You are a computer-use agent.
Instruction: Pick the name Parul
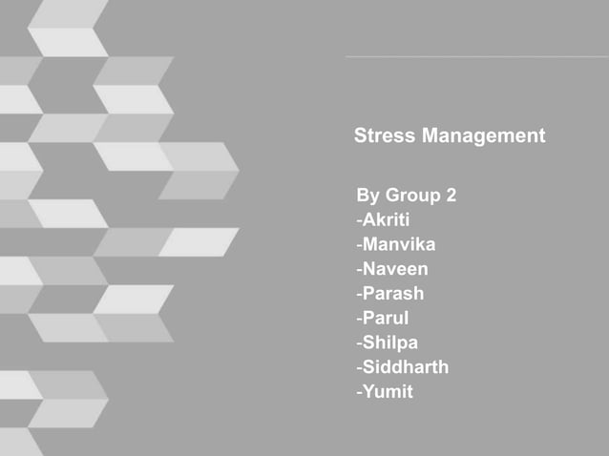pos(385,319)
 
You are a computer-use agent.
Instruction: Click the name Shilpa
pos(389,342)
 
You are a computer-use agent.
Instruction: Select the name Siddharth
pos(405,367)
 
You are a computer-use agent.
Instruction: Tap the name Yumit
pos(388,391)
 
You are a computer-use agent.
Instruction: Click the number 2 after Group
pos(450,197)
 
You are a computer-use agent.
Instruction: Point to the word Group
pos(413,197)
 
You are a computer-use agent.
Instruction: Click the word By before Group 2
pos(367,197)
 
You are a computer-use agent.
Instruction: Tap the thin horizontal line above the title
pos(477,56)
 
